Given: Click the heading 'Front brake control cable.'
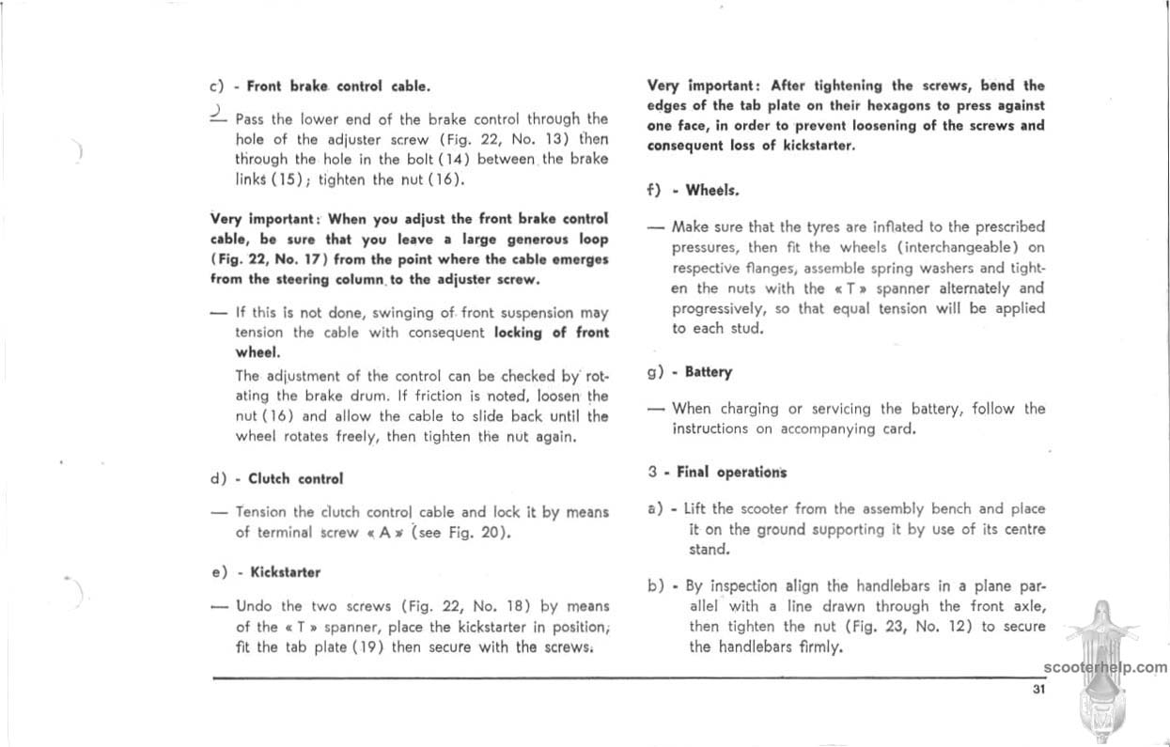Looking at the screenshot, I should (x=338, y=86).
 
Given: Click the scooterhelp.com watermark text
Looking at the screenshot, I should (x=1104, y=668).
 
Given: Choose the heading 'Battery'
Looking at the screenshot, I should (x=709, y=372).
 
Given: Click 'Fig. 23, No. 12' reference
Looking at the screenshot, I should (x=901, y=627).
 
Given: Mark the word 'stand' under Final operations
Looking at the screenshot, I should (x=709, y=549).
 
